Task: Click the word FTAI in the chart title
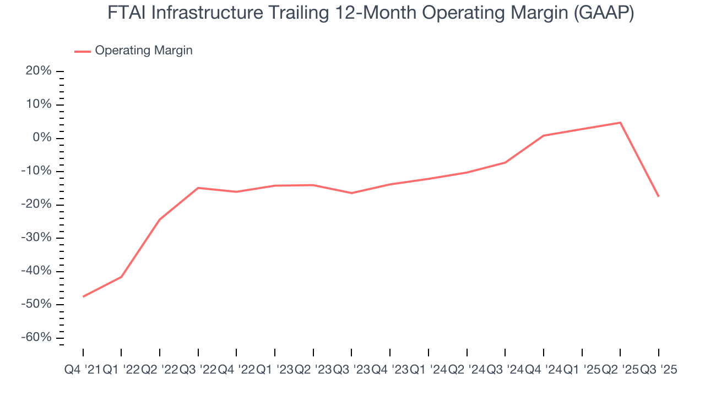tap(127, 13)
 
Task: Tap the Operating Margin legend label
tap(144, 51)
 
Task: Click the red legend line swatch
tap(83, 51)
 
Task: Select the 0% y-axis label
tap(43, 138)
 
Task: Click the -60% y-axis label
tap(37, 338)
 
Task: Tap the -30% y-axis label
tap(37, 238)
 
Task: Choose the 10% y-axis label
tap(40, 105)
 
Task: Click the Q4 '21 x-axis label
tap(83, 370)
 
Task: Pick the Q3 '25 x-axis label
tap(658, 370)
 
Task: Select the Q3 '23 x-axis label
tap(351, 370)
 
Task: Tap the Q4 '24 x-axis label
tap(543, 370)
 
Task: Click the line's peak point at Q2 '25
tap(620, 123)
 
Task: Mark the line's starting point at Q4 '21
tap(83, 296)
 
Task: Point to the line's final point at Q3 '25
tap(658, 196)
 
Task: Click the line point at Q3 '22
tap(198, 188)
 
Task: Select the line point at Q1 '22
tap(121, 277)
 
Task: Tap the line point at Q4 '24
tap(544, 135)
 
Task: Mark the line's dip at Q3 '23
tap(351, 193)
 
